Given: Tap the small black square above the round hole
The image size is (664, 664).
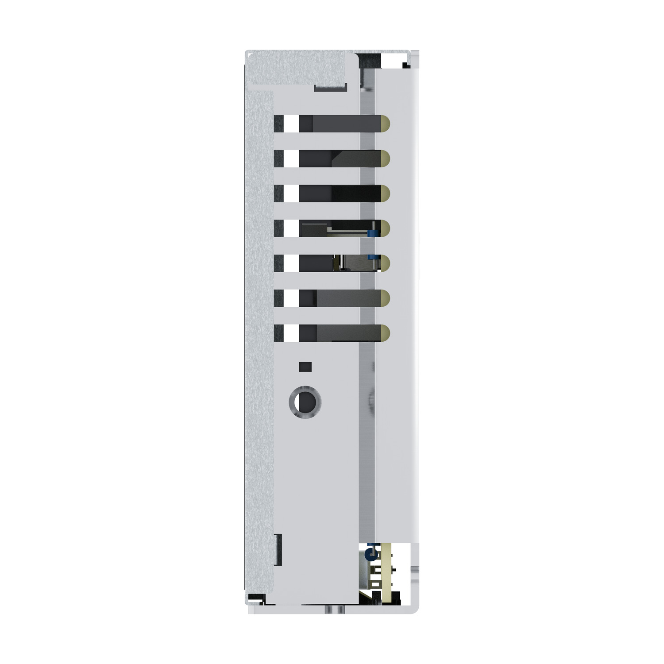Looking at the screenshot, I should (x=305, y=367).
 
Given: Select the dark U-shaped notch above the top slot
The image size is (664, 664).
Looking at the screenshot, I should (x=330, y=87).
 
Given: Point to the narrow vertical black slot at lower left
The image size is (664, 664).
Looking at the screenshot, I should (x=279, y=549).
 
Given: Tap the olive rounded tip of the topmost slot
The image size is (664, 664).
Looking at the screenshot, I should (x=385, y=124).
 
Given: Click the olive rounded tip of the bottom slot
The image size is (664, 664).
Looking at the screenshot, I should (x=385, y=333).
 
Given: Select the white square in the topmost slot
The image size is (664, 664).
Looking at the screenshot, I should (x=291, y=124).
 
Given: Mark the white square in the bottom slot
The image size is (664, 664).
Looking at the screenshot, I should (x=291, y=333).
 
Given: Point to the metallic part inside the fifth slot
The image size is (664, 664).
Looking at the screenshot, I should (x=354, y=263).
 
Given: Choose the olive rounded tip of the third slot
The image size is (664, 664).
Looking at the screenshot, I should (x=385, y=193).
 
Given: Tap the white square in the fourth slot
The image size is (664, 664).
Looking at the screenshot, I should (x=291, y=228).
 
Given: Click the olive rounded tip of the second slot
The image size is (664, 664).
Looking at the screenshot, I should (x=385, y=158).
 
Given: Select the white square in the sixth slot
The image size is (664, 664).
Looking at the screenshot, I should (x=291, y=298).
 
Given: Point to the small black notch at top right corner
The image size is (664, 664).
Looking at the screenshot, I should (x=405, y=66).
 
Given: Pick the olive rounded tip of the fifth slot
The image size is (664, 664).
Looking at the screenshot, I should (x=385, y=263).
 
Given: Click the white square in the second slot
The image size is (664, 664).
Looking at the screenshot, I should (x=291, y=158).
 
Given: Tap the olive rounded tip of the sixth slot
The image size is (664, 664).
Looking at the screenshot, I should (x=385, y=298).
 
